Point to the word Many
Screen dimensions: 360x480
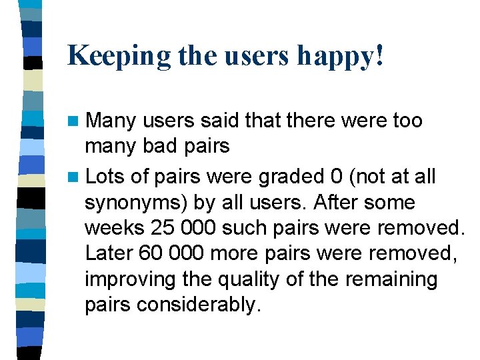(x=111, y=121)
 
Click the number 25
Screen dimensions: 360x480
(x=164, y=228)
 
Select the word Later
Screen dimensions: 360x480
(x=109, y=253)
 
